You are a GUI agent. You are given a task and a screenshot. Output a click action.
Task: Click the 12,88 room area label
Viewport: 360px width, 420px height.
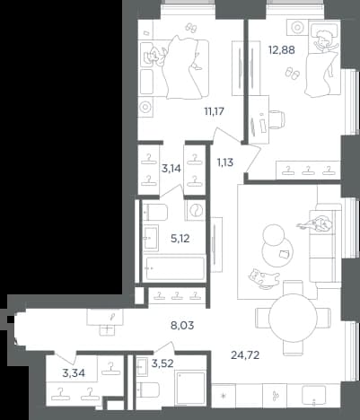point(281,50)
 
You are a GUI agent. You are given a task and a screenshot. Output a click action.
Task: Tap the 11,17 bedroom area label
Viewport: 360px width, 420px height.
point(214,111)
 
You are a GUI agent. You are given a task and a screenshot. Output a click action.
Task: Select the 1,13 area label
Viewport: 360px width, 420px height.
point(225,162)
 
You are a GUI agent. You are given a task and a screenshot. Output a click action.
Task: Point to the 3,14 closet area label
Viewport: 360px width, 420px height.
point(171,169)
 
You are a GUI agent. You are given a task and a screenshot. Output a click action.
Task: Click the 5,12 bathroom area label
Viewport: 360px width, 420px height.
point(180,239)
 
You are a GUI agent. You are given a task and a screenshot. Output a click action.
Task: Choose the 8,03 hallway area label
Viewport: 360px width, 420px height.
point(182,325)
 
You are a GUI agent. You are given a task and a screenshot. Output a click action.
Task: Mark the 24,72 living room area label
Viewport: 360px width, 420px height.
point(245,355)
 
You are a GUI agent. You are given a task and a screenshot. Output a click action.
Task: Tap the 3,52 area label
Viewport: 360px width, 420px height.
point(162,363)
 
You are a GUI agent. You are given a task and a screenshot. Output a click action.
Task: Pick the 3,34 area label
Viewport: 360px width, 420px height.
point(74,373)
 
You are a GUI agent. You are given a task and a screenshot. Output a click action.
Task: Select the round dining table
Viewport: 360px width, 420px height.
point(293,318)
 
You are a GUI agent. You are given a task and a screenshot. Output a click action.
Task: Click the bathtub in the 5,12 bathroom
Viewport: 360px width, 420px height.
point(173,268)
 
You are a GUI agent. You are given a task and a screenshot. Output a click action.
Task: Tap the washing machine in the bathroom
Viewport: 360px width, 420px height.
point(195,211)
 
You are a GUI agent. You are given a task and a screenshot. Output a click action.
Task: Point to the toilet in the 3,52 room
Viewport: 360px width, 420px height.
point(148,389)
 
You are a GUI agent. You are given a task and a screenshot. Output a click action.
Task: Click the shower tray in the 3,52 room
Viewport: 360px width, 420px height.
point(190,389)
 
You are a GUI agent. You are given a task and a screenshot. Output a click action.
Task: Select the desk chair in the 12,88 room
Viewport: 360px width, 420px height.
point(277,119)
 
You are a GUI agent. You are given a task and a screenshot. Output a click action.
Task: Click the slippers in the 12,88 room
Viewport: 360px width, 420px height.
point(292,73)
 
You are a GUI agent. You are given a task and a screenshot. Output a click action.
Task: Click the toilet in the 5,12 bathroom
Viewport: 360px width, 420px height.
point(155,212)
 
